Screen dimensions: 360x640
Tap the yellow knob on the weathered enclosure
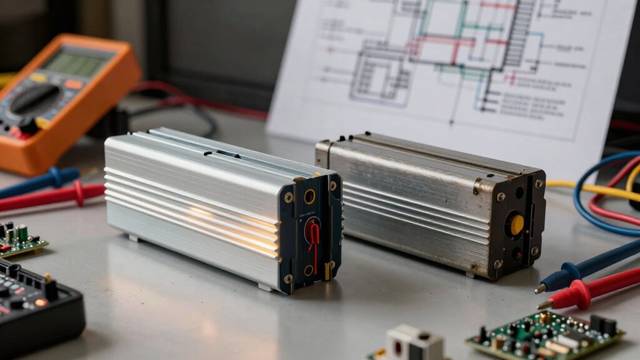click(517, 225)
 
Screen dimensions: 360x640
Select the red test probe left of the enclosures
click(50, 197)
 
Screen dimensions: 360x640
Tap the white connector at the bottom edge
click(413, 344)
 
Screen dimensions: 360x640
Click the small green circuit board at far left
click(19, 239)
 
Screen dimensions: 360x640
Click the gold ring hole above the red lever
click(310, 197)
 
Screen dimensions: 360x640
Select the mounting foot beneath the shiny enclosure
click(266, 287)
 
